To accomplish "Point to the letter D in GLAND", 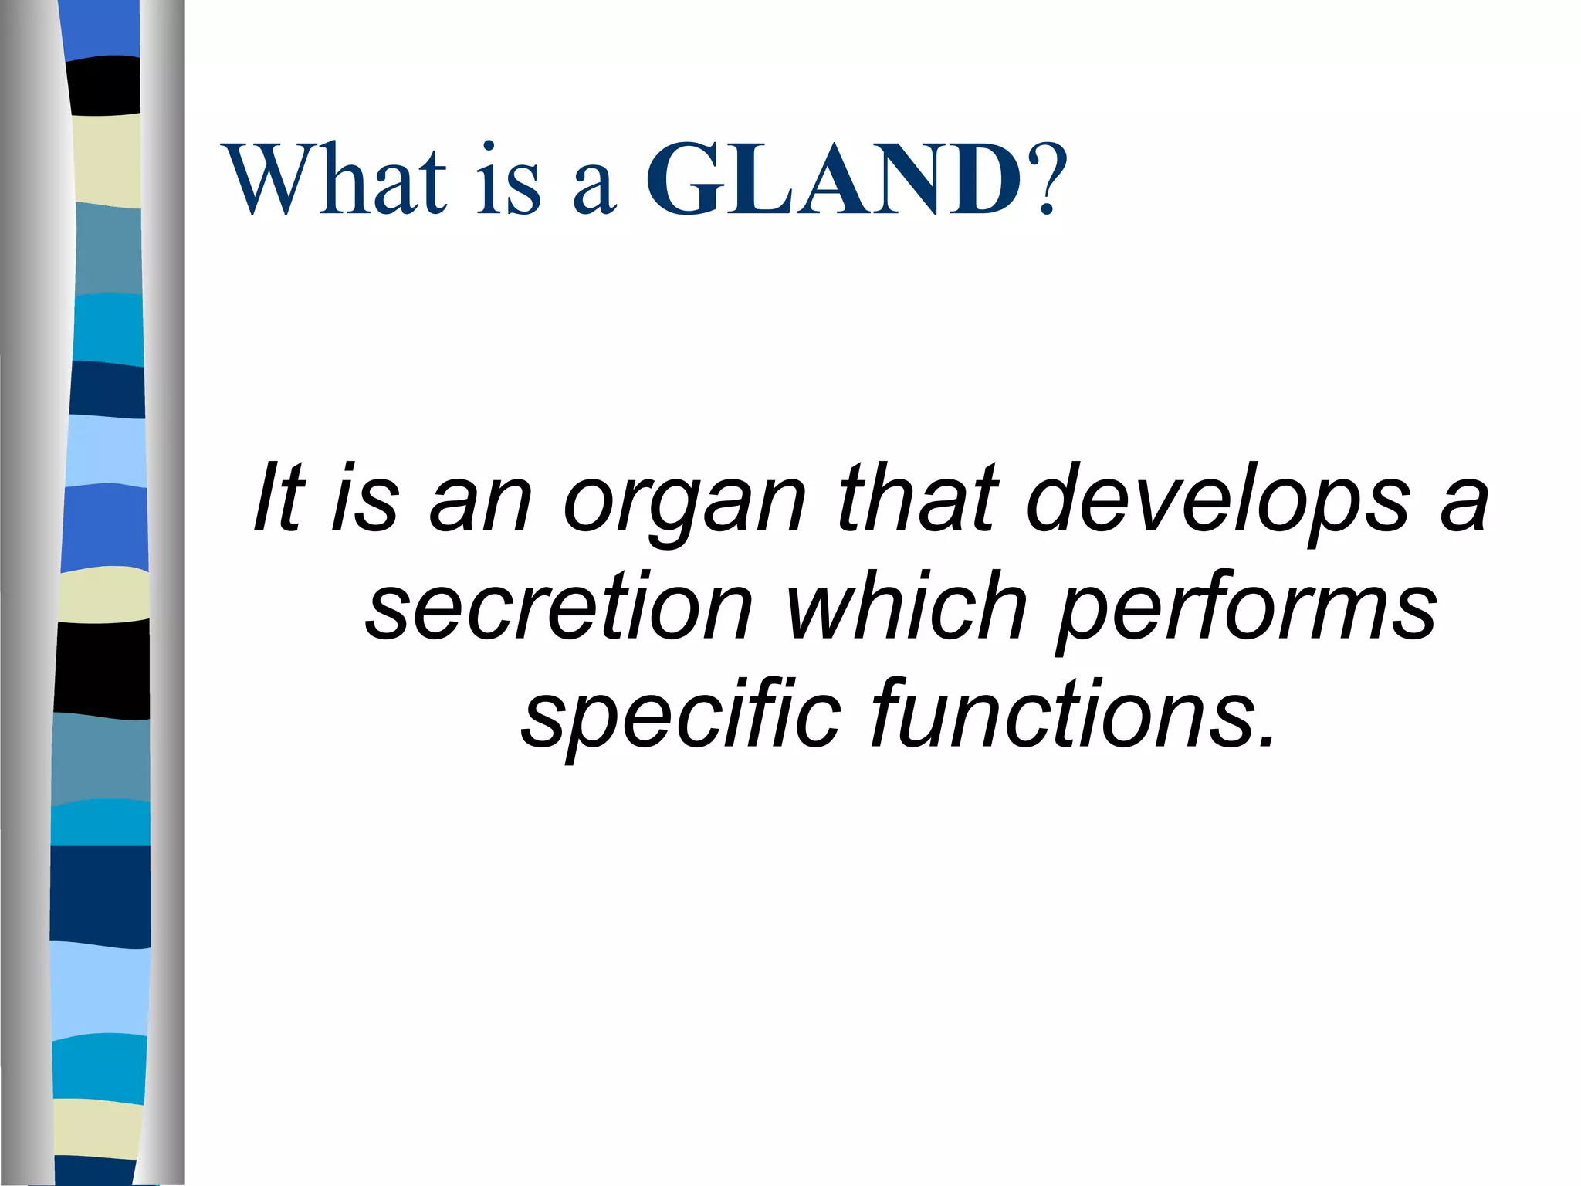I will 980,179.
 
